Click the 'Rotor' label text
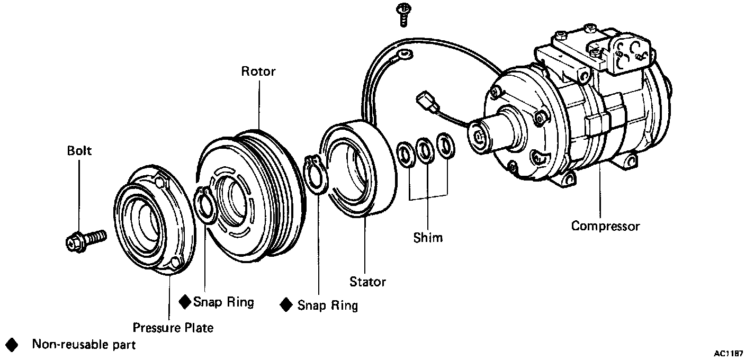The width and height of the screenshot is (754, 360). coord(258,71)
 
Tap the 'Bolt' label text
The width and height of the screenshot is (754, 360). coord(79,151)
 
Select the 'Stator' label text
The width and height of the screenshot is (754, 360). coord(367,282)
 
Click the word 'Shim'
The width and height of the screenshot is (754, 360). coord(428,237)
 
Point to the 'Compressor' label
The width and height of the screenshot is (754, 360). coord(605,226)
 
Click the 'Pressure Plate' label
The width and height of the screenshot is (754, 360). coord(173,328)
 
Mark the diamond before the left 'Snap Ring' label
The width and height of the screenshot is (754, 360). coord(184,302)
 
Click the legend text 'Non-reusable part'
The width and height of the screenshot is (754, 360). coord(84,345)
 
